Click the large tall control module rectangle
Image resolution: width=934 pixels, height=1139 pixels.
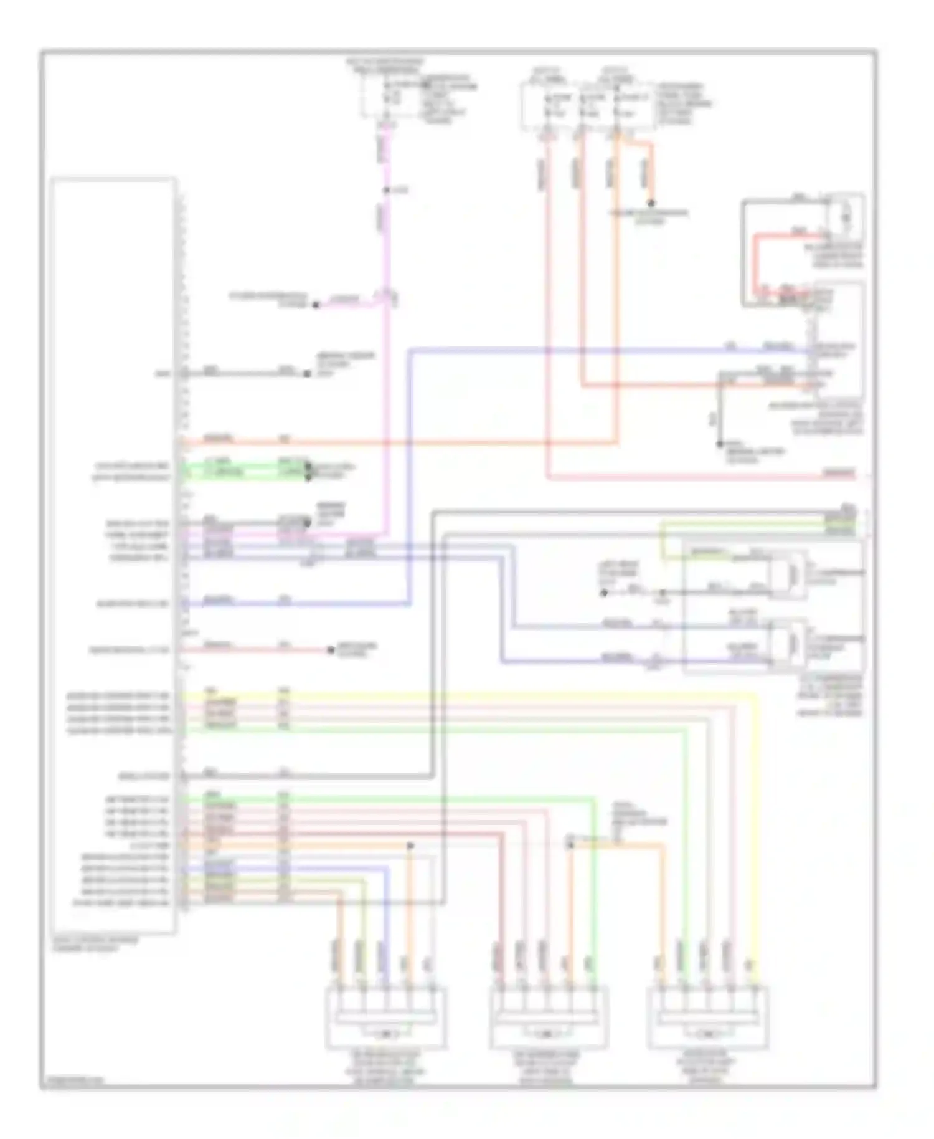tap(113, 555)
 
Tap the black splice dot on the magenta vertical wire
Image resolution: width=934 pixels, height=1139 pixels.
tap(387, 190)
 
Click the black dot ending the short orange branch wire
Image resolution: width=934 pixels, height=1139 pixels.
tap(651, 203)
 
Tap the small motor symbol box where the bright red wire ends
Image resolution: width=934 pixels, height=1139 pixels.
tap(846, 215)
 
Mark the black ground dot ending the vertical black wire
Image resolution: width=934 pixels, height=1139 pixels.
tap(719, 444)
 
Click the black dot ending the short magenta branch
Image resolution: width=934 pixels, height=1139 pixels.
tap(316, 305)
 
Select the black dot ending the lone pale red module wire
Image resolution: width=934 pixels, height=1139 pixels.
tap(331, 651)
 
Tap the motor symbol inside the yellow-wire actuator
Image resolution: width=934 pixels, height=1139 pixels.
tap(708, 1034)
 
